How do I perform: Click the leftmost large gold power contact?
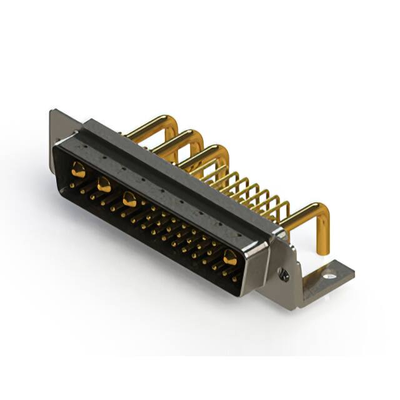click(79, 167)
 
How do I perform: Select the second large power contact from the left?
click(104, 184)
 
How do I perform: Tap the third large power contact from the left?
click(129, 200)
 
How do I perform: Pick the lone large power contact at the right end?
click(230, 256)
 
